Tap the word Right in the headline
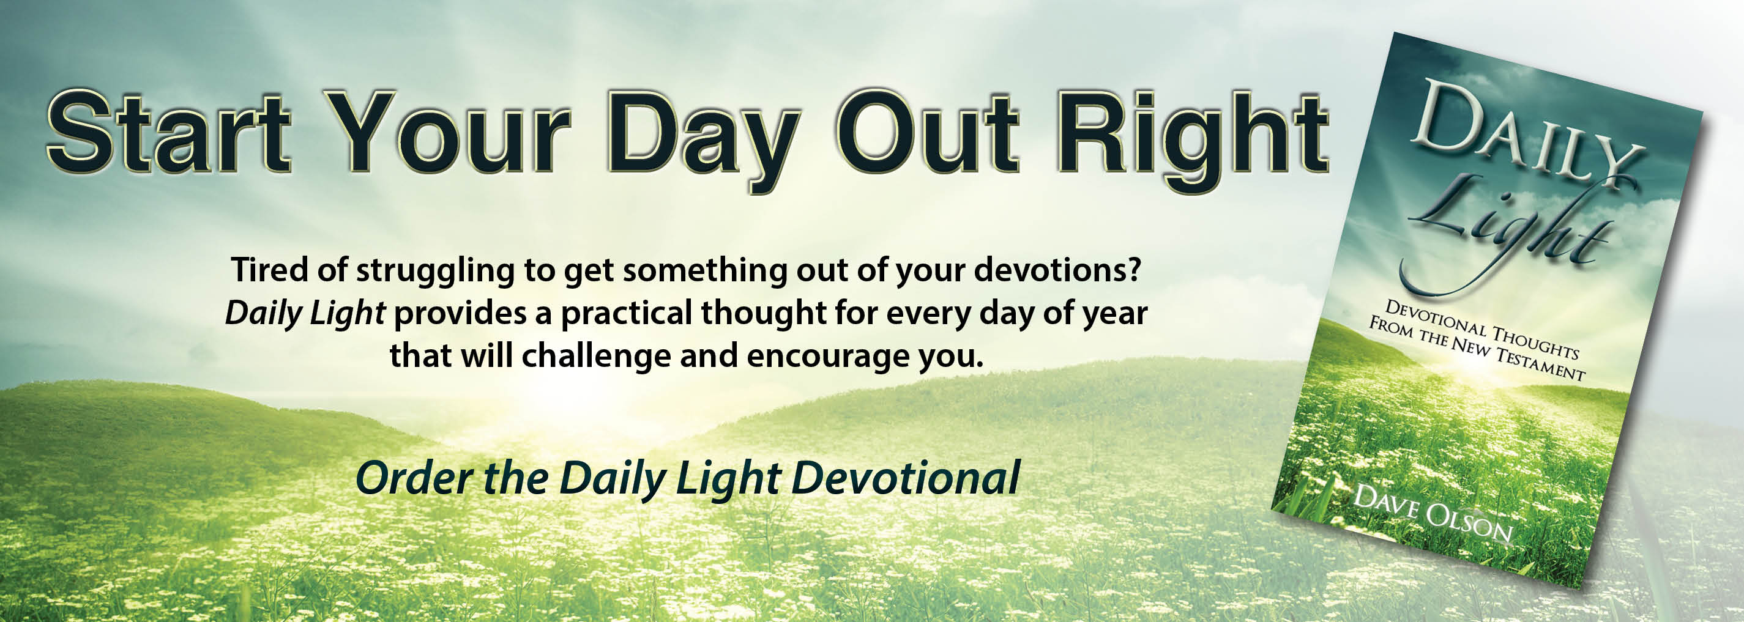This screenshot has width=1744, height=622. pos(1192,141)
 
